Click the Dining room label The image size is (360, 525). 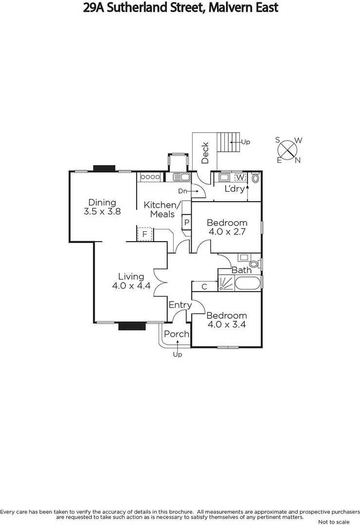[x=102, y=202]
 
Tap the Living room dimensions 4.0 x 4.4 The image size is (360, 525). [x=131, y=286]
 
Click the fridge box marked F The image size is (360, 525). [x=144, y=234]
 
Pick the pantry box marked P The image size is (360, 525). [x=186, y=223]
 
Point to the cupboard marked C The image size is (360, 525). [x=204, y=287]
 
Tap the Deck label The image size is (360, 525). [x=205, y=153]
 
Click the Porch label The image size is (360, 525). [x=176, y=334]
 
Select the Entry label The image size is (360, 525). [x=180, y=305]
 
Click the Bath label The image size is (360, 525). [x=241, y=270]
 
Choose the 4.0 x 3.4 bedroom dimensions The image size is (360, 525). [x=227, y=324]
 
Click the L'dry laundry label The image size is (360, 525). [x=234, y=189]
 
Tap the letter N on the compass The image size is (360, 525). [x=298, y=160]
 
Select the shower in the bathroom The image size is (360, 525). [x=227, y=283]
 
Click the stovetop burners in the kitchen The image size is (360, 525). [x=150, y=177]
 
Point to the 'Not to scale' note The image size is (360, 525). [x=336, y=522]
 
